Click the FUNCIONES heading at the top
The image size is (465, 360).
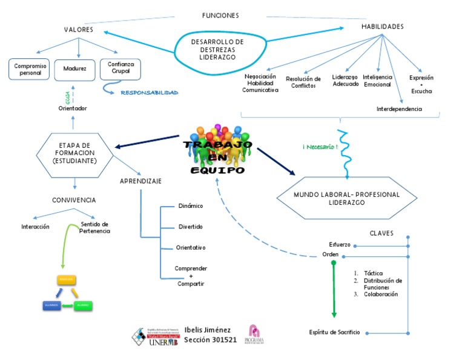220,15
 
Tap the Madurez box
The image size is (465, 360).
74,69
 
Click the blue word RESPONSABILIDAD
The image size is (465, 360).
149,93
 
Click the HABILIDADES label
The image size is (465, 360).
382,27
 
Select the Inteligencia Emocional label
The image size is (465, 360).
377,81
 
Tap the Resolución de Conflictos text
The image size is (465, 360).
303,82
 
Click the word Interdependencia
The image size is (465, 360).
399,109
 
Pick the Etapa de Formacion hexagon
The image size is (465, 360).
74,154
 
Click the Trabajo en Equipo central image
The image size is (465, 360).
217,152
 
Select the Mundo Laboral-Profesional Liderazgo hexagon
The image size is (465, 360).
346,199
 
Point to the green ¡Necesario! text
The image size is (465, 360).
319,147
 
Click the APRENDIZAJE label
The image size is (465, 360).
140,181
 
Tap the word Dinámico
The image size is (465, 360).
190,206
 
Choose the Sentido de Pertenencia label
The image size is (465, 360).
94,227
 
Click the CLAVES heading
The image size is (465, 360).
381,233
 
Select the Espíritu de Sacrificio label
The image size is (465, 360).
334,332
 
